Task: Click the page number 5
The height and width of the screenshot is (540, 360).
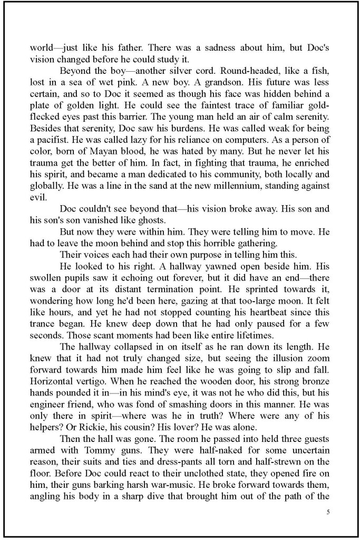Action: point(328,511)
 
